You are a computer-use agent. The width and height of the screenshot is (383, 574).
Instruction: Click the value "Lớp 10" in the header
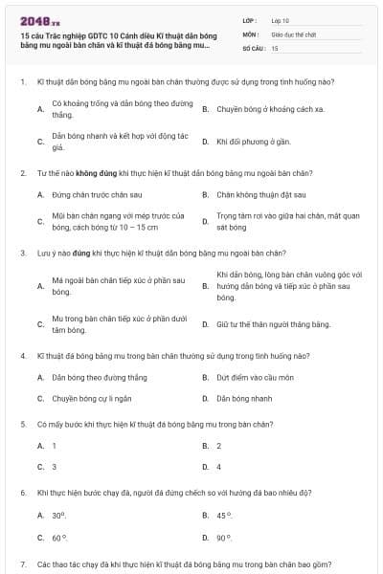click(281, 19)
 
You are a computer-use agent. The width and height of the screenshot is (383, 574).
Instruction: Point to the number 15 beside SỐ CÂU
click(275, 47)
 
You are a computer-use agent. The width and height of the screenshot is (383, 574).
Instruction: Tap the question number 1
click(22, 82)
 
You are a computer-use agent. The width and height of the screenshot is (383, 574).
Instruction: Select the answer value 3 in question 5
click(55, 467)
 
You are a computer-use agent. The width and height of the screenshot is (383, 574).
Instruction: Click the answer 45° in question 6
click(225, 516)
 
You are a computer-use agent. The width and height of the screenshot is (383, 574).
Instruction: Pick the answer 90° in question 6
click(225, 538)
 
